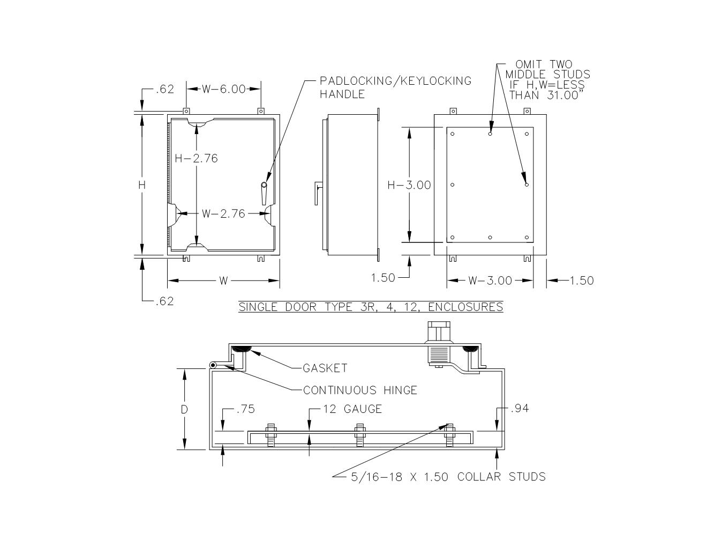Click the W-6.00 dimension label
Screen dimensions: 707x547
(223, 89)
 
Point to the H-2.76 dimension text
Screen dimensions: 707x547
(196, 158)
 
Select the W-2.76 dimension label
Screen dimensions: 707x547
(223, 214)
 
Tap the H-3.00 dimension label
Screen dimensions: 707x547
(409, 185)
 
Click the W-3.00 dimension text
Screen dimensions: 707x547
(490, 280)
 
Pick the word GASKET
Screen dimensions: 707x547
(325, 368)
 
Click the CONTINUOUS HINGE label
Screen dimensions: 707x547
(360, 390)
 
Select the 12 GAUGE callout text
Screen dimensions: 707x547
(352, 409)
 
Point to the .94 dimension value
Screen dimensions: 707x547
(520, 408)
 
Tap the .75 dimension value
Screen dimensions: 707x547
(246, 409)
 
